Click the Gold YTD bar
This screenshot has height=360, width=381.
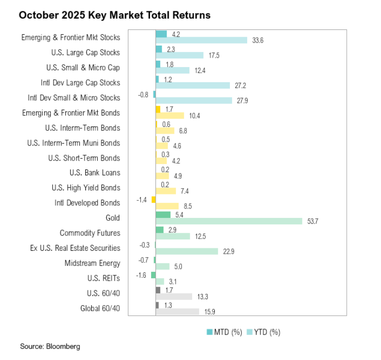[229, 221]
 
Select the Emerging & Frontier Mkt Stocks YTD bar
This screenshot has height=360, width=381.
[201, 41]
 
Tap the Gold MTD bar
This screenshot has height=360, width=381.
[163, 215]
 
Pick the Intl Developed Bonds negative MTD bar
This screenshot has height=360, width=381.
[153, 199]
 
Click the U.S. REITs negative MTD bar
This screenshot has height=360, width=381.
[153, 275]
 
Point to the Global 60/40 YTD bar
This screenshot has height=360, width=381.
[177, 312]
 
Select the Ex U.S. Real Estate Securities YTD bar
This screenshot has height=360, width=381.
[186, 251]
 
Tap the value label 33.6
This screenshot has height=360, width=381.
[258, 41]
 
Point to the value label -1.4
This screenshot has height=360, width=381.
[143, 199]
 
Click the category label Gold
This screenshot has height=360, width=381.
[112, 218]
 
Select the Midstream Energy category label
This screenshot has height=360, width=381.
[92, 263]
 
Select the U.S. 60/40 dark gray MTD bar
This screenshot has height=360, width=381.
[158, 290]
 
